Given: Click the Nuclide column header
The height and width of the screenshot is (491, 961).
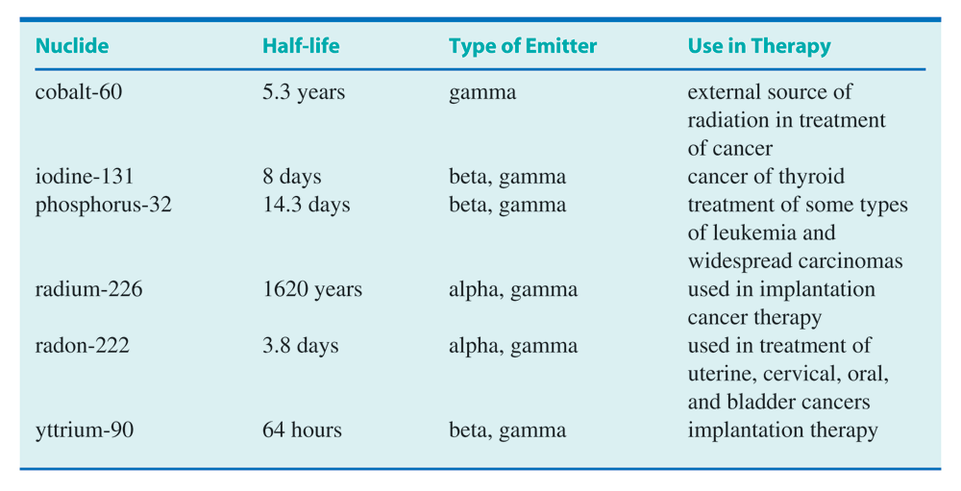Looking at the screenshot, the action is point(72,46).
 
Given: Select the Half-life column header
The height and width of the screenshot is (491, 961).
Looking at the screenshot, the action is point(301,46).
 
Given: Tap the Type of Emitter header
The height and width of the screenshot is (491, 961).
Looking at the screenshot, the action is point(523,46).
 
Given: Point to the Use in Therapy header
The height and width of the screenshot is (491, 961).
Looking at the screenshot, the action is point(759,46).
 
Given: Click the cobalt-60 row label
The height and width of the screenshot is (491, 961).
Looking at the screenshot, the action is point(79,92).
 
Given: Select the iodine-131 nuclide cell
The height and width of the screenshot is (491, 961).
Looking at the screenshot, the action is point(85,177).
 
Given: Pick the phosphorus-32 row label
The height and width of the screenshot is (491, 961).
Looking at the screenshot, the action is point(104,205).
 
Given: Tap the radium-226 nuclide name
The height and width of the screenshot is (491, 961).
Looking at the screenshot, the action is point(88,289).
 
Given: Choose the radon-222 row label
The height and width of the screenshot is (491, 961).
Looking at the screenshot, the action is point(82,346).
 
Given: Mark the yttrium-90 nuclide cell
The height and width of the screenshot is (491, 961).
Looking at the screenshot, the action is point(85,430).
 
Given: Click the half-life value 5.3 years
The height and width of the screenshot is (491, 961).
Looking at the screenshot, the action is point(304,92).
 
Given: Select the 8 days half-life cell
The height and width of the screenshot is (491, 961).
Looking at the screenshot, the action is point(292,177).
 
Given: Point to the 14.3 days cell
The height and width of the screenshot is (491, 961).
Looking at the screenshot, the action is point(307,206).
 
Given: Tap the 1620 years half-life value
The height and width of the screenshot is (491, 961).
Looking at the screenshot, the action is point(312,290).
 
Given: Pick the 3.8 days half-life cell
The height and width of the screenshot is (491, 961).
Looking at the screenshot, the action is point(301,346).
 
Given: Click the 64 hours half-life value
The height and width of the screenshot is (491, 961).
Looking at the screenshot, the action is point(302,430).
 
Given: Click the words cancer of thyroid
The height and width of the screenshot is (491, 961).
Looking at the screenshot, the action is point(766,177).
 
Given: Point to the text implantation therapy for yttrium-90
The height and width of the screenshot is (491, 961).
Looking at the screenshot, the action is point(782,430).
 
